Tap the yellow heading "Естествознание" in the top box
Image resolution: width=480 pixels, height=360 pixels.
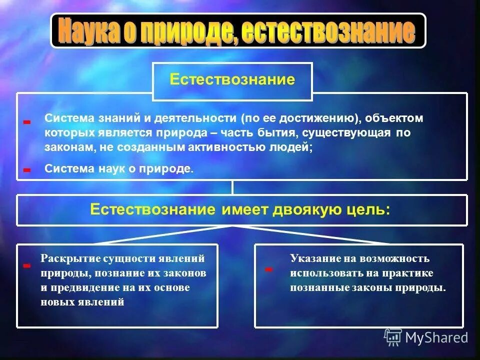click(232, 80)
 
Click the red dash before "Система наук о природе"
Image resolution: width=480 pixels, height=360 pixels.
click(27, 170)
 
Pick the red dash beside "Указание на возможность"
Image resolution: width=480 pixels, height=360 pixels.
click(268, 269)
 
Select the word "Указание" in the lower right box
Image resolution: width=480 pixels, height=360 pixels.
click(310, 259)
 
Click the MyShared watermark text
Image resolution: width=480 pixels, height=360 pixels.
click(436, 337)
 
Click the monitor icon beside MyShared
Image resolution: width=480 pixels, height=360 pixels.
click(393, 337)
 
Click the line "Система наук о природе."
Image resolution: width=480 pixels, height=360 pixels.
click(118, 169)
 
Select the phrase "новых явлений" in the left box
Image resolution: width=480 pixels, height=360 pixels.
click(82, 302)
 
